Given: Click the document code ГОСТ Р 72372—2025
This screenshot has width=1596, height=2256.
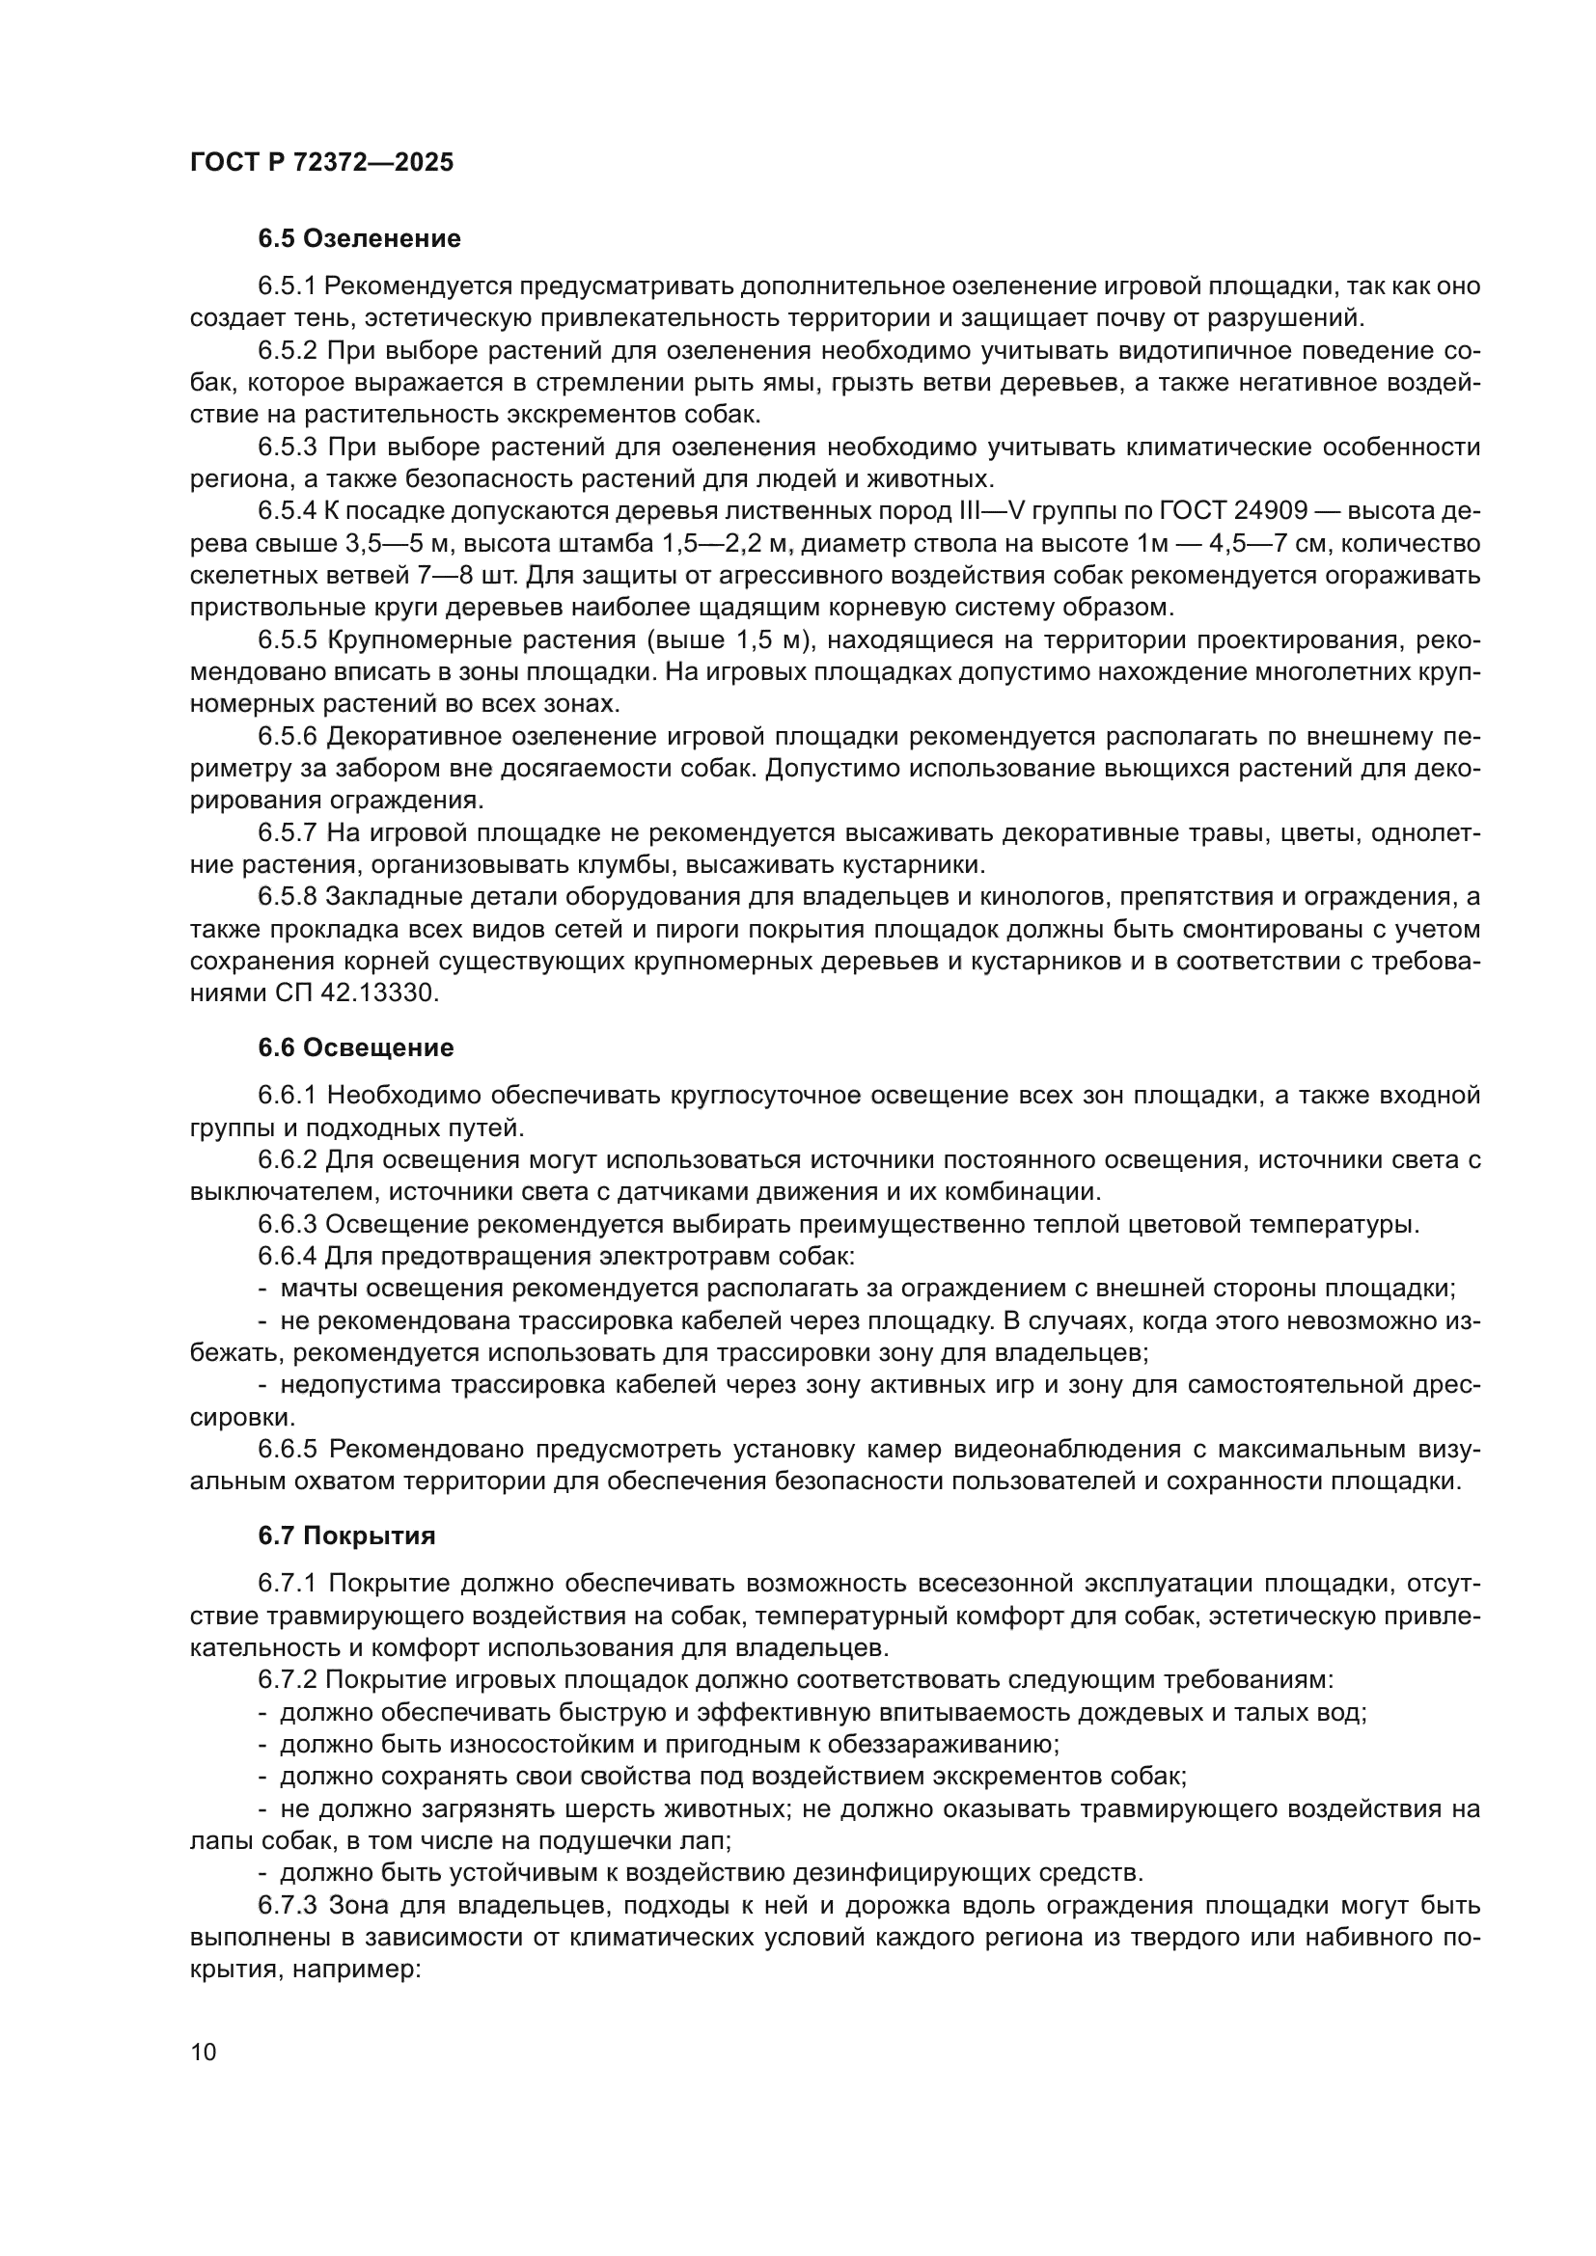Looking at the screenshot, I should [x=321, y=163].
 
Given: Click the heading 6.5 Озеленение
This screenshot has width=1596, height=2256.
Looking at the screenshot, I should [x=359, y=239].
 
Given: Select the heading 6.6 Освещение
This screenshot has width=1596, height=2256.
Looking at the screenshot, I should [x=356, y=1047].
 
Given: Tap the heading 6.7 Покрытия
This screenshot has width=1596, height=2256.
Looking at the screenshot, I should [x=347, y=1536].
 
